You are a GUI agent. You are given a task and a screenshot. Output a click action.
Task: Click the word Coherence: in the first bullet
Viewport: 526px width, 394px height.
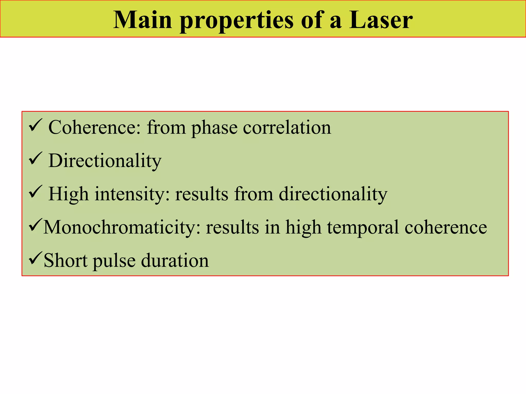tap(95, 127)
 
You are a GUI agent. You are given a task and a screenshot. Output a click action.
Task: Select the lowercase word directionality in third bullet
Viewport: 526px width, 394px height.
tap(333, 194)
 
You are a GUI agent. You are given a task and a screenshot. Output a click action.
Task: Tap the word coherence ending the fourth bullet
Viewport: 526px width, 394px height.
tap(446, 227)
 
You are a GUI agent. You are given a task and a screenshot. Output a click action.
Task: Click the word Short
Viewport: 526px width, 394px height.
tap(66, 261)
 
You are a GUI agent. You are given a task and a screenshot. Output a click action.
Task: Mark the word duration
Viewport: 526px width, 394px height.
tap(175, 261)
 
